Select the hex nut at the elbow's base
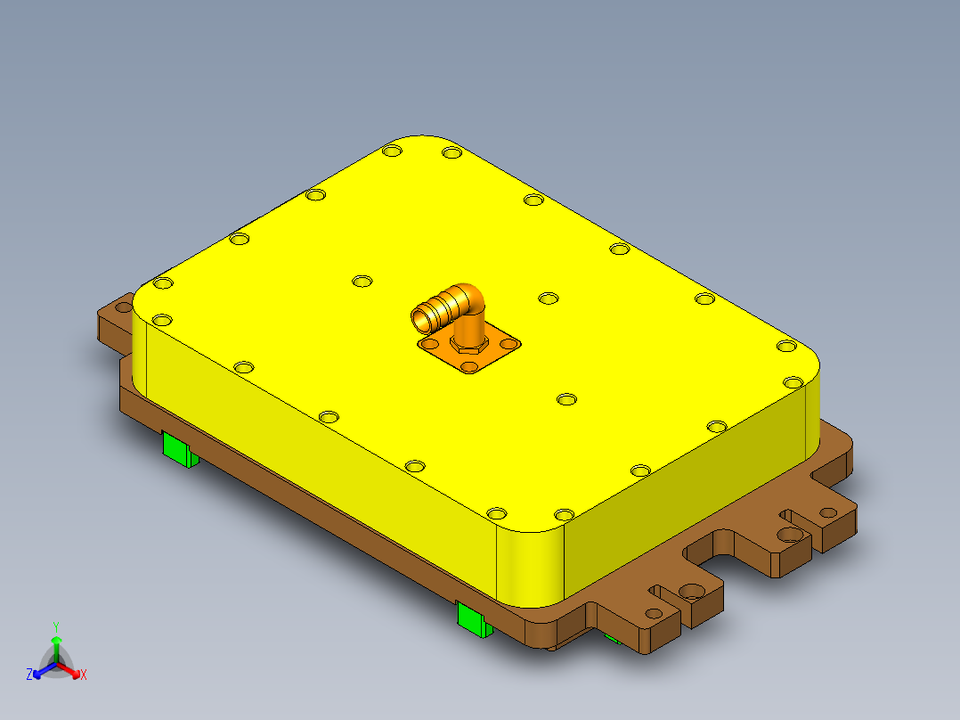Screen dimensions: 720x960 pyautogui.click(x=467, y=342)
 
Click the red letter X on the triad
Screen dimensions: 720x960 pyautogui.click(x=84, y=675)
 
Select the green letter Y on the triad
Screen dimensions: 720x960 pyautogui.click(x=56, y=626)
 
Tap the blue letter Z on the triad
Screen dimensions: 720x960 pyautogui.click(x=29, y=675)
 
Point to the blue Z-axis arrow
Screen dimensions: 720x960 pyautogui.click(x=40, y=671)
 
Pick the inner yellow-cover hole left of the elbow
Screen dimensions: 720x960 pyautogui.click(x=362, y=282)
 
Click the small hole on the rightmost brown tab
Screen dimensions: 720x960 pyautogui.click(x=828, y=511)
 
